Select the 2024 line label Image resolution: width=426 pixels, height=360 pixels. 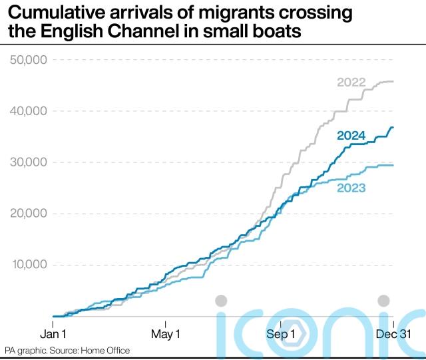[x=351, y=136]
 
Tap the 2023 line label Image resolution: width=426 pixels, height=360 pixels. [x=351, y=188]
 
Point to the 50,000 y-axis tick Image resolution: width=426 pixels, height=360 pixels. [x=27, y=60]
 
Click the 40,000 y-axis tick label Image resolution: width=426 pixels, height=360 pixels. [x=27, y=111]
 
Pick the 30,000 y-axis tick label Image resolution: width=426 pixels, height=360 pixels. [x=27, y=162]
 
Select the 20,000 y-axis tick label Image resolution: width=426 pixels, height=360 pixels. [x=27, y=214]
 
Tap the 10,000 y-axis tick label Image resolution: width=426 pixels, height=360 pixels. [x=27, y=265]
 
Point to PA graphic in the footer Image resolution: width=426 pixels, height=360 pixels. [x=27, y=351]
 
